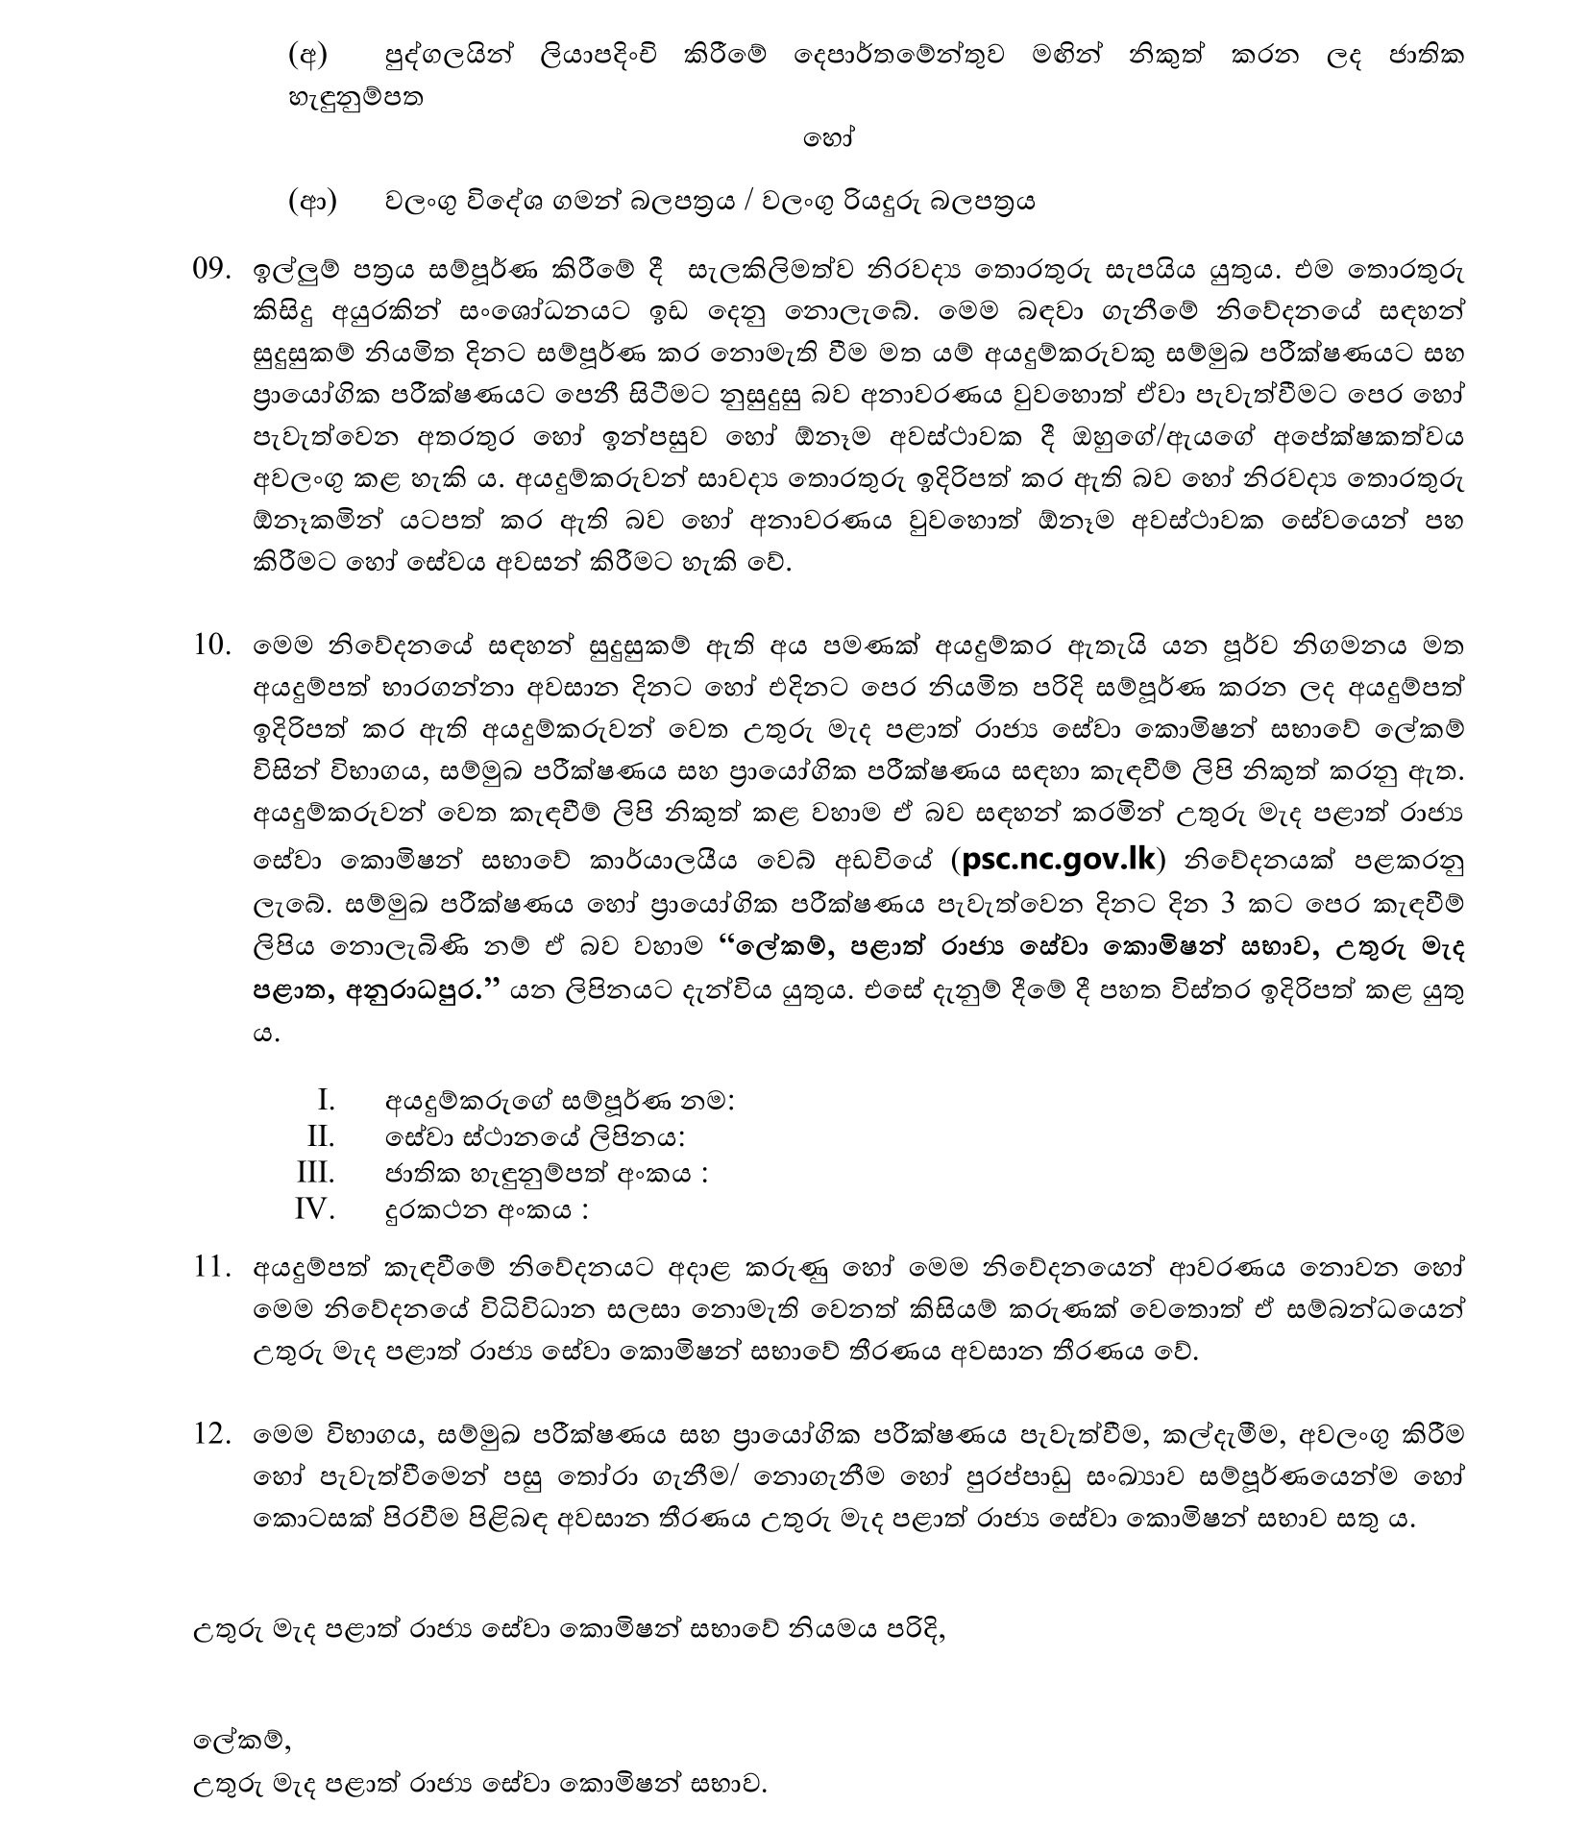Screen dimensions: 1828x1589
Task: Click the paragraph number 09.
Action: tap(212, 270)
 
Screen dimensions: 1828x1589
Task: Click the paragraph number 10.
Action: tap(212, 645)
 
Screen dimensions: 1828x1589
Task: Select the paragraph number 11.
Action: tap(212, 1267)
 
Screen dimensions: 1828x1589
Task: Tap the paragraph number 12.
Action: tap(212, 1434)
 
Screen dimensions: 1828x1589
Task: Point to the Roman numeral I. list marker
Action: tap(326, 1100)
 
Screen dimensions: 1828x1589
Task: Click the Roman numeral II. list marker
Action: tap(321, 1136)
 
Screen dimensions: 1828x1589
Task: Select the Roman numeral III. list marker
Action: tap(316, 1173)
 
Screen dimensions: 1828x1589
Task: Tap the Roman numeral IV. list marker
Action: tap(314, 1209)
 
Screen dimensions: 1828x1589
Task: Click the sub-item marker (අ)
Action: tap(307, 57)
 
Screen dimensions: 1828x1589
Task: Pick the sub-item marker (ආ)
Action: tap(311, 203)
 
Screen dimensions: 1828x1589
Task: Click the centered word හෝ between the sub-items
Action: tap(828, 138)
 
